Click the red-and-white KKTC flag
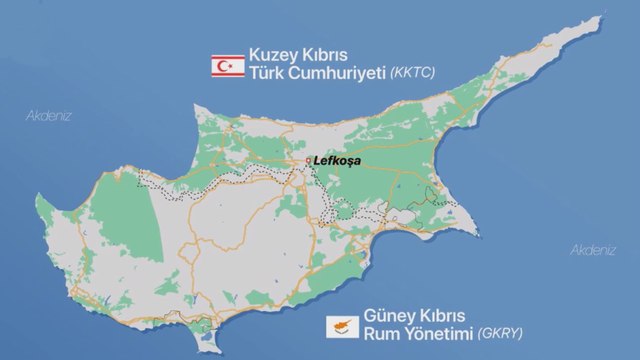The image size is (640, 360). point(221,65)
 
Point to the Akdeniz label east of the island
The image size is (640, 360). point(592,250)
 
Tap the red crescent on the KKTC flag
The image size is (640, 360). point(218,65)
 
